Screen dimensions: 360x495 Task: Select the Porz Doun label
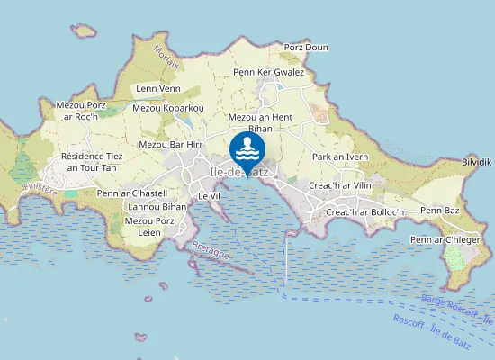pos(306,48)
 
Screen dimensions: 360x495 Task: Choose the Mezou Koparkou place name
pos(168,108)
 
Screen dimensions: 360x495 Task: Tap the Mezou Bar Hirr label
pos(170,144)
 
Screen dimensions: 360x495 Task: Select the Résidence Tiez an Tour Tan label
pos(92,162)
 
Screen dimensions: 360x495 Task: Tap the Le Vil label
pos(209,195)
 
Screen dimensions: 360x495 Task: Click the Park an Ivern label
pos(340,157)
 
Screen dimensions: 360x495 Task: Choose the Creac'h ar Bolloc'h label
pos(366,212)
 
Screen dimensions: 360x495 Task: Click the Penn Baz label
pos(440,210)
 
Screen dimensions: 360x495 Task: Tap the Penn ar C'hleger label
pos(445,240)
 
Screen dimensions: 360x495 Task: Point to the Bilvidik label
pos(476,162)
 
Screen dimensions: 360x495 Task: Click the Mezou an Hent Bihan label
pos(263,123)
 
